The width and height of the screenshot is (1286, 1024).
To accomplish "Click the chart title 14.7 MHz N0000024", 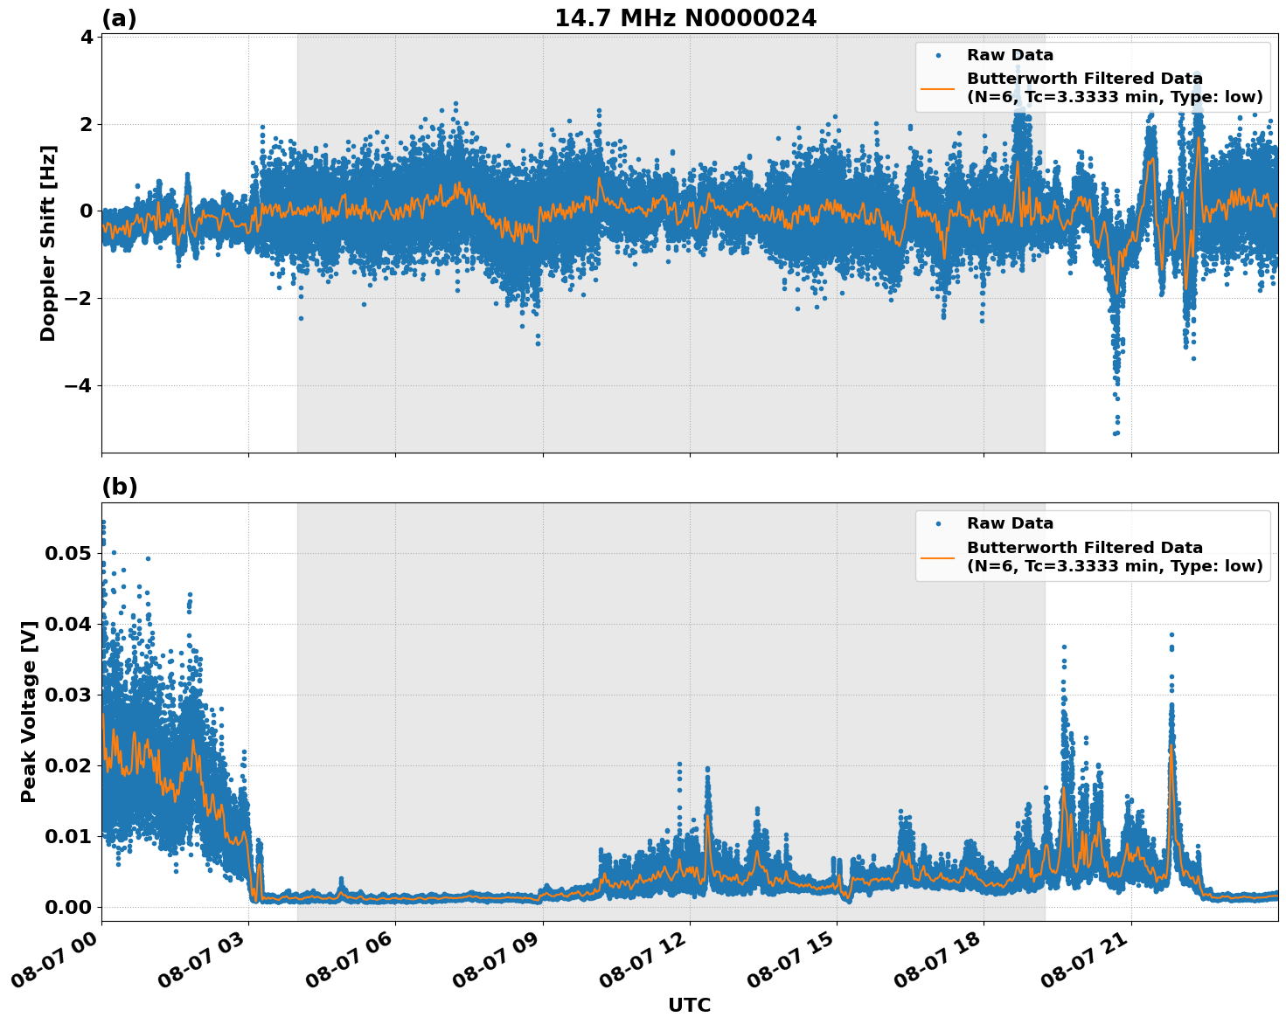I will coord(685,18).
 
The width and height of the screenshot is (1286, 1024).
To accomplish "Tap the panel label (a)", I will coord(119,18).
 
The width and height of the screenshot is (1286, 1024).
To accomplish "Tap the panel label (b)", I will coord(119,487).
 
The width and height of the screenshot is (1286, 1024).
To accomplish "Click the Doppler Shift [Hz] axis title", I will coord(48,243).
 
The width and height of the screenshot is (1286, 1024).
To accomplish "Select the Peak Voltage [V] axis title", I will coord(29,711).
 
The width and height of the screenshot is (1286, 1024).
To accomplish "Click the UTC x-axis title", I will coord(689,1005).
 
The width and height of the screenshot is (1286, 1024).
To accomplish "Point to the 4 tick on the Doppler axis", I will coord(87,37).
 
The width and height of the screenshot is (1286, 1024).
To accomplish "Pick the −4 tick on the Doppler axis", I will coord(80,385).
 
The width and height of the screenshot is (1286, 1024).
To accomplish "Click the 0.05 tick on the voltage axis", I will coord(67,554).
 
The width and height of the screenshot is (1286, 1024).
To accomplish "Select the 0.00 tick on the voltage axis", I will coord(67,907).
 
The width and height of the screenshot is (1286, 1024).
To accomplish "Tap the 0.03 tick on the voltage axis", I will coord(67,695).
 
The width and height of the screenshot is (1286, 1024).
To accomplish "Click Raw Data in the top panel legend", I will coord(1010,55).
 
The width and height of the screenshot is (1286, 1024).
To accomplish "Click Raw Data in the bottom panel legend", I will coord(1010,523).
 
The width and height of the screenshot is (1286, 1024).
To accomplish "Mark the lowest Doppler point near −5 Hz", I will coord(1116,432).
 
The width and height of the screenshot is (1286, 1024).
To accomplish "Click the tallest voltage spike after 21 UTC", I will coord(1171,635).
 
